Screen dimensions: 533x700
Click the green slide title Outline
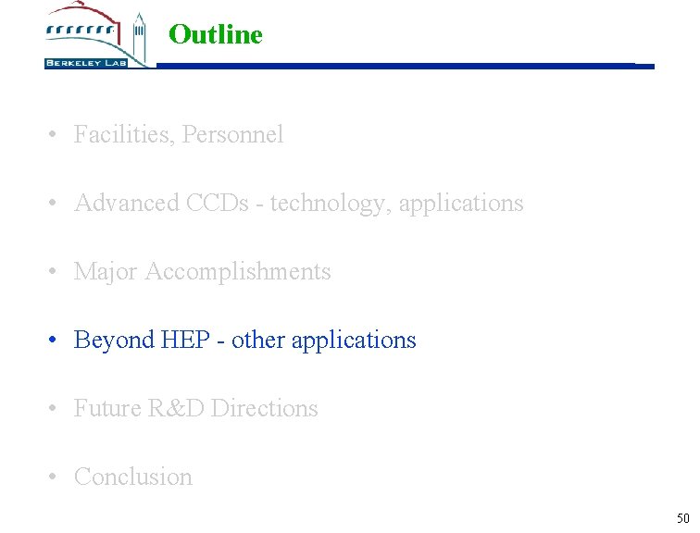click(x=216, y=35)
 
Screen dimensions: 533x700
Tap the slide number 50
click(x=682, y=518)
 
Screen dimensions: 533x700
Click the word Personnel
click(x=233, y=135)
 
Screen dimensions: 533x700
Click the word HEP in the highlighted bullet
click(x=185, y=340)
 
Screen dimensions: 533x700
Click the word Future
click(x=107, y=408)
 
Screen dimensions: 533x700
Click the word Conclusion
click(x=133, y=477)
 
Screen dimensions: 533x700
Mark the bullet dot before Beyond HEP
click(x=56, y=341)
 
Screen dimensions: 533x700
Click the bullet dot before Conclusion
click(x=56, y=477)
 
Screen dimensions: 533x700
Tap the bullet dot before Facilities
click(x=56, y=135)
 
